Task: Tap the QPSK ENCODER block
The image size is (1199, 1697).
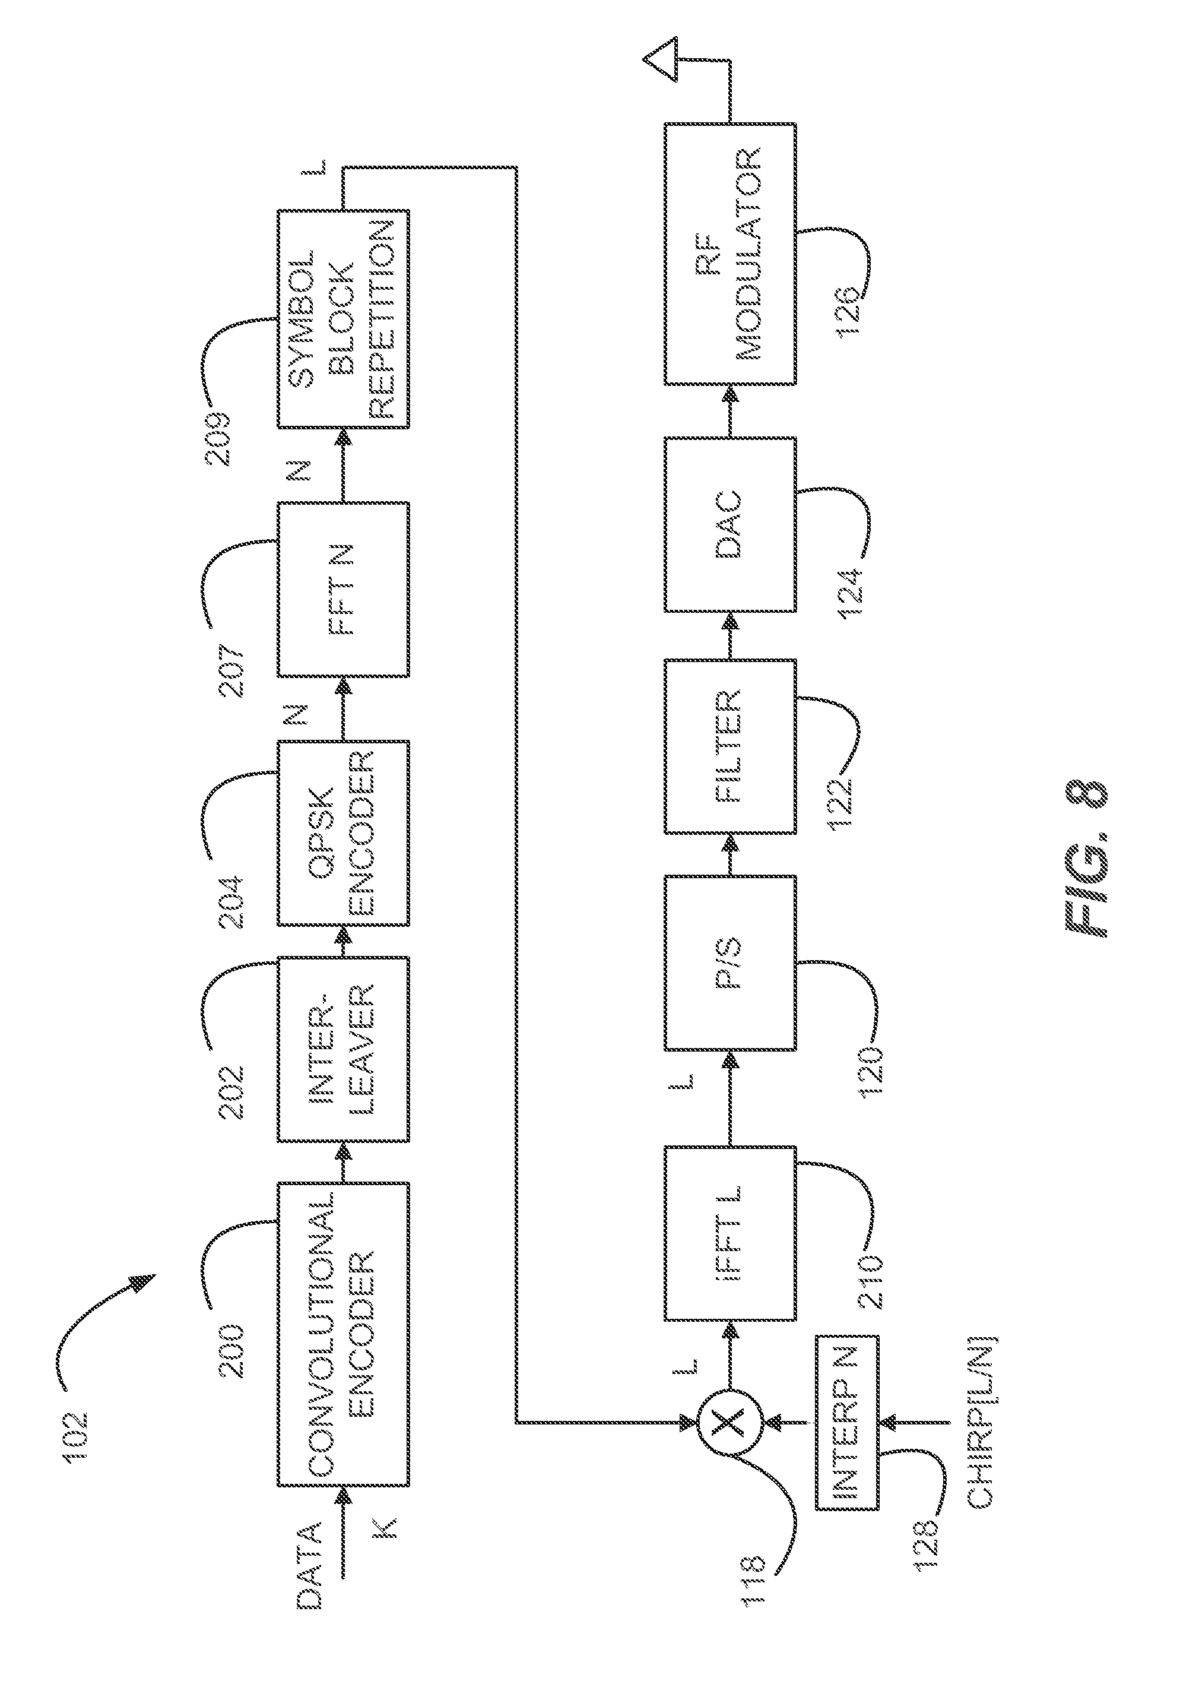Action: [344, 832]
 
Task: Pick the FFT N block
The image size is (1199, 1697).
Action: [344, 589]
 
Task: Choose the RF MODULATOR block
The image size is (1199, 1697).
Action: [730, 254]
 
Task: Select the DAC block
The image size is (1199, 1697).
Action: [730, 524]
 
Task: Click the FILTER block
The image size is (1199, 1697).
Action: [730, 746]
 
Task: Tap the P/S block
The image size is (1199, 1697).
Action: [730, 963]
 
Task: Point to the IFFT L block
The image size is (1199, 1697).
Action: [730, 1233]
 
